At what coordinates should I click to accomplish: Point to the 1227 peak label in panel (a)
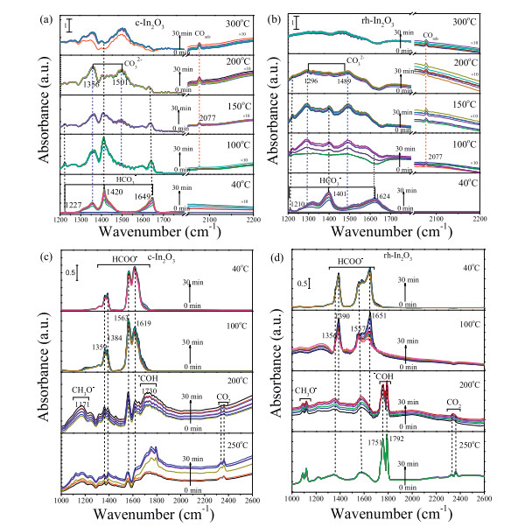(x=73, y=207)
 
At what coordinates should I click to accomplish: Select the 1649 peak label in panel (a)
(x=150, y=197)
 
